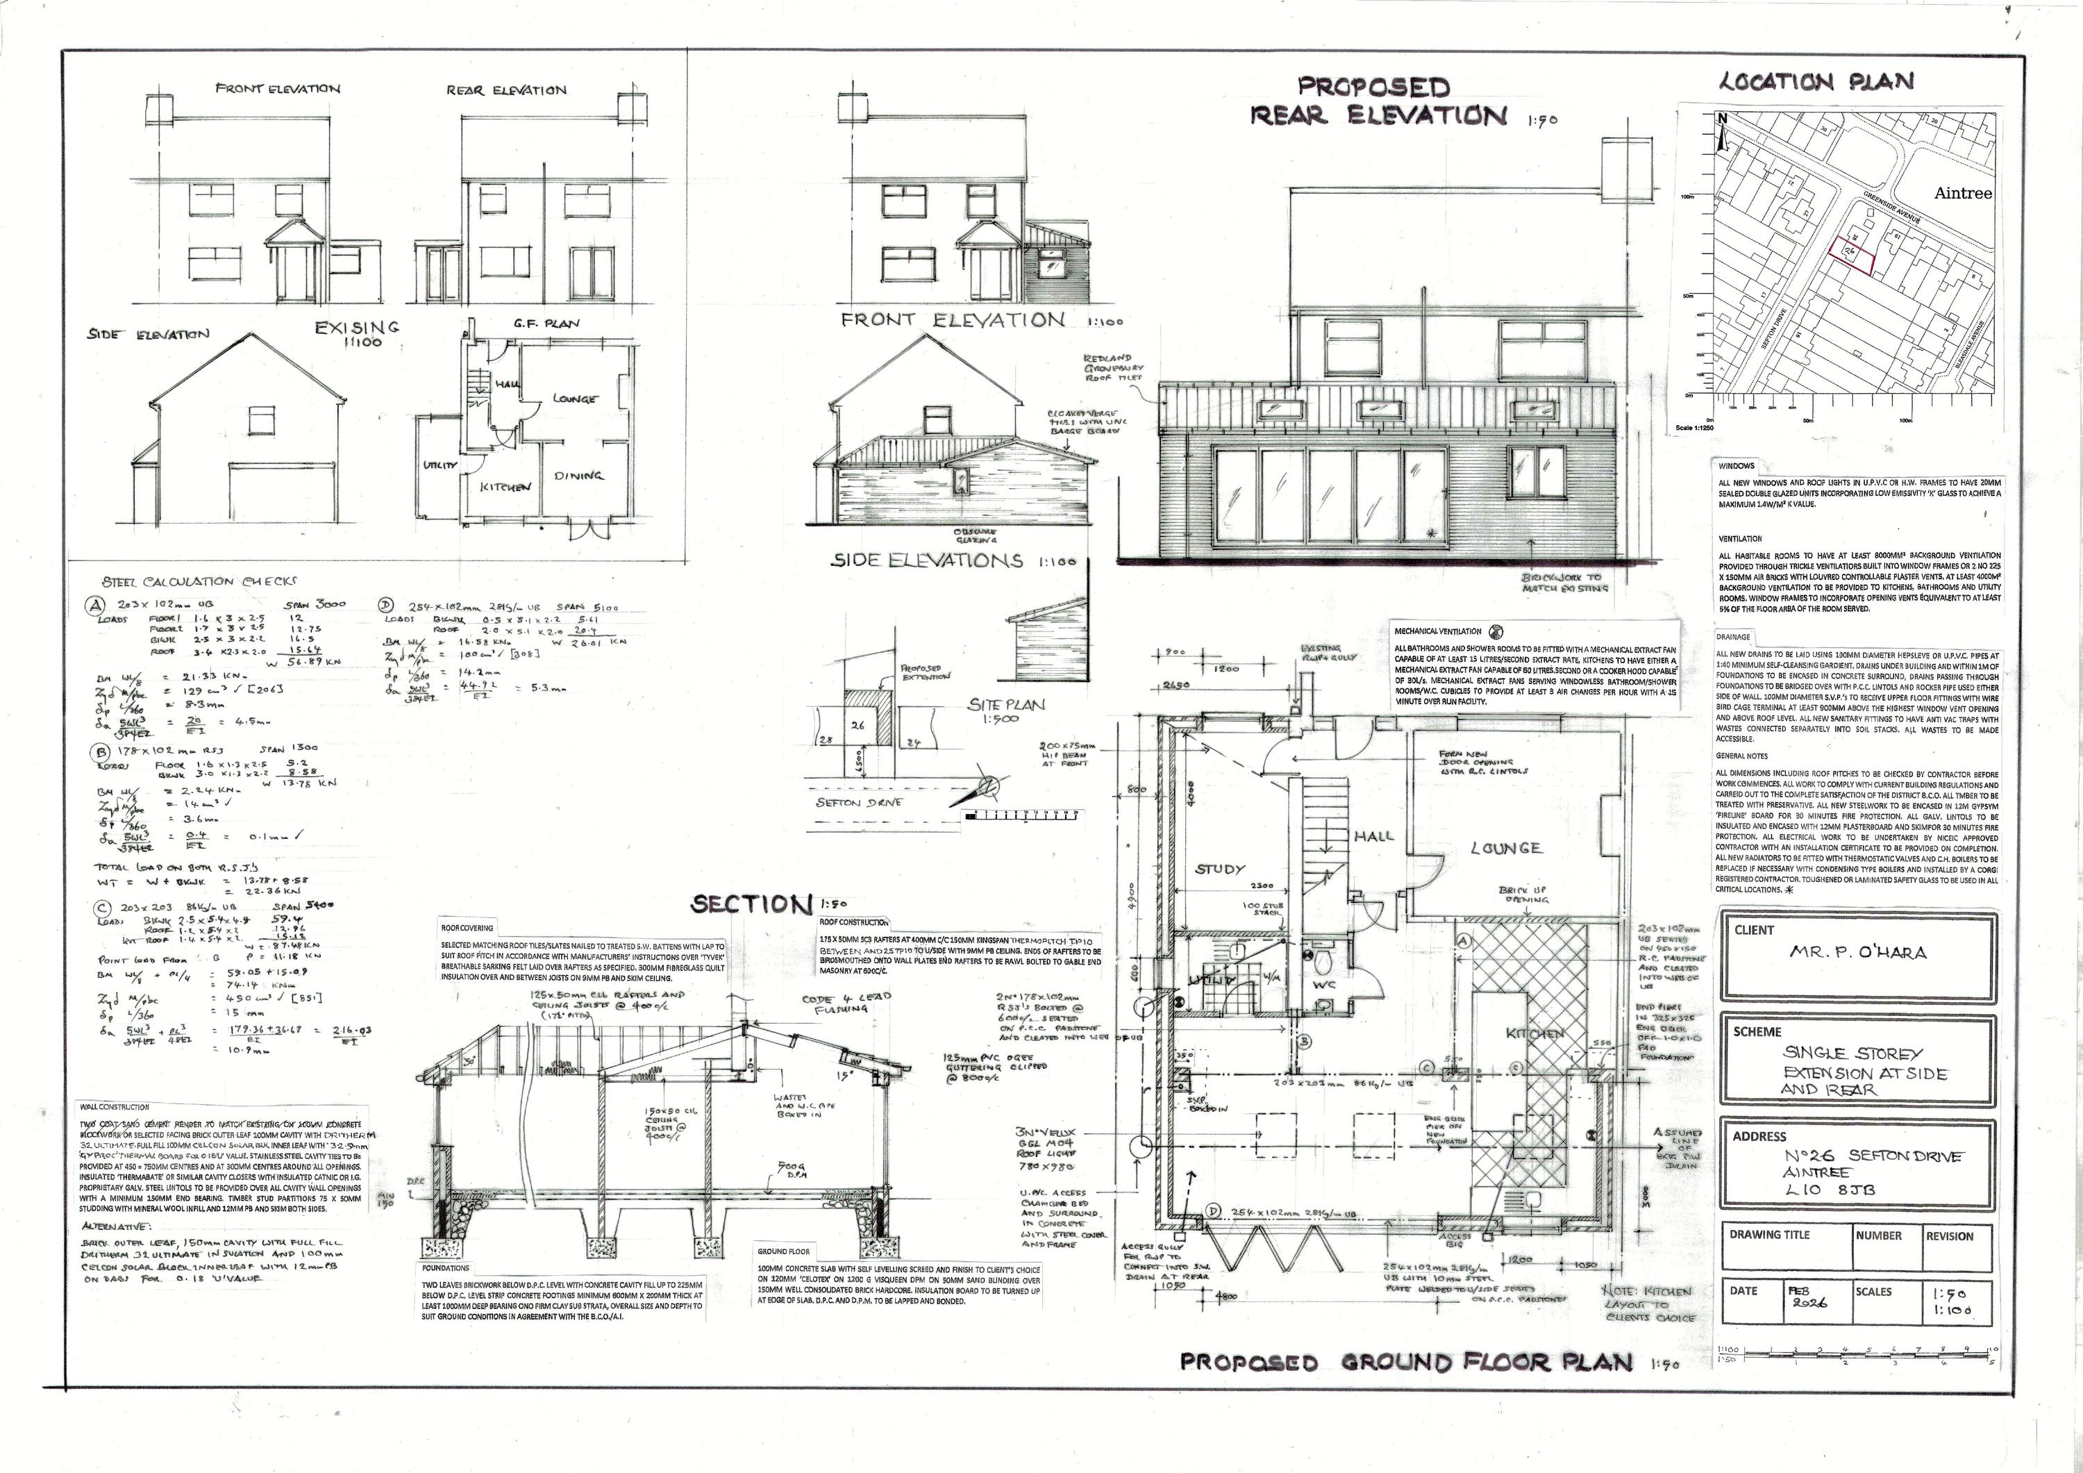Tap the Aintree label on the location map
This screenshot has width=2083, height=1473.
point(1962,193)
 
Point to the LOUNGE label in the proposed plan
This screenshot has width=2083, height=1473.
point(1505,848)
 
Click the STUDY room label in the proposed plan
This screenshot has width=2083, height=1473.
point(1219,869)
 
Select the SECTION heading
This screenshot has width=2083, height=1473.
point(749,904)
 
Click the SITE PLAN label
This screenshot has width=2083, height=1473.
point(994,704)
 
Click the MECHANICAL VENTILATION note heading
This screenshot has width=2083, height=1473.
point(1437,631)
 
